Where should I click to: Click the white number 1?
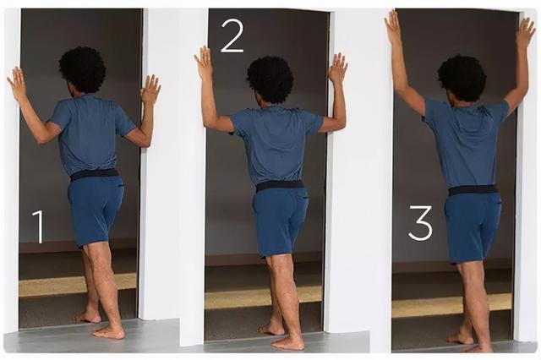[x=39, y=226]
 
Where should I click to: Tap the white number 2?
[x=232, y=35]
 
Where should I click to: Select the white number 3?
[x=420, y=222]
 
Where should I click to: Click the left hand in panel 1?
[x=17, y=84]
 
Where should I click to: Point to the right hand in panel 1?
[x=150, y=90]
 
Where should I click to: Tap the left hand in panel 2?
[x=203, y=62]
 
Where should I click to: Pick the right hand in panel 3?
[x=525, y=33]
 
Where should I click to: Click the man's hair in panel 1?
[x=83, y=70]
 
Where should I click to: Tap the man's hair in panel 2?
[x=270, y=80]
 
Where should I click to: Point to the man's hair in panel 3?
[x=462, y=78]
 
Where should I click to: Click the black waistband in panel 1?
[x=95, y=174]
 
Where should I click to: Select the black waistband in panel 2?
[x=280, y=185]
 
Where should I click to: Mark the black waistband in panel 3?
[x=473, y=189]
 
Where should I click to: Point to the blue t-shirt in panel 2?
[x=276, y=145]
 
